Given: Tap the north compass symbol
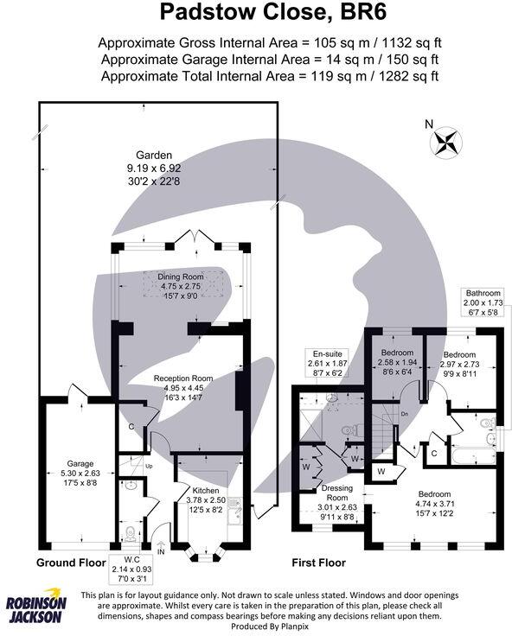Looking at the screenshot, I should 446,141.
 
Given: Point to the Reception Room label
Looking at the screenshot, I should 183,378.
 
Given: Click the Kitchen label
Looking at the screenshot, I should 205,490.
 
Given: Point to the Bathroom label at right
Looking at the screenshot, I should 483,292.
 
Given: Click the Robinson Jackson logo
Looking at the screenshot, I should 35,610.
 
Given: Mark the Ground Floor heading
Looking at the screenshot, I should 70,562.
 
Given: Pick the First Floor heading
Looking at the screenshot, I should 322,562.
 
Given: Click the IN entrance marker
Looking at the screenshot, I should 160,550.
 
